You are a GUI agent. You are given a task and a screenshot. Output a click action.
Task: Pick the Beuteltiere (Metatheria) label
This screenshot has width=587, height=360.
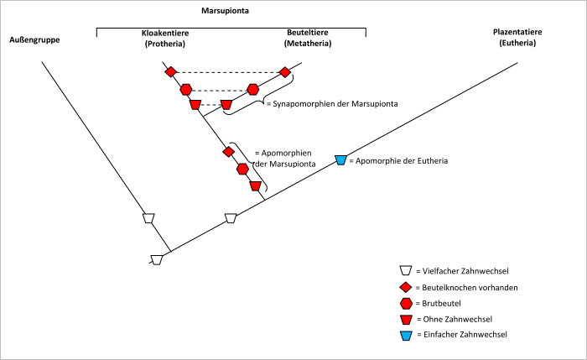pos(303,38)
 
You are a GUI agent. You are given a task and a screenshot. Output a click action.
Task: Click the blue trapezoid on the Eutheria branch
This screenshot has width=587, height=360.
pos(340,159)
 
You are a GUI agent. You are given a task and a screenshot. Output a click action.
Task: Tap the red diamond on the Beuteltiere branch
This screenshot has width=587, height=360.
pos(285,72)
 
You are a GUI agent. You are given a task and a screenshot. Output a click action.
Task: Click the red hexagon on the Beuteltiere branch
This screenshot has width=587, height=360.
pos(253,89)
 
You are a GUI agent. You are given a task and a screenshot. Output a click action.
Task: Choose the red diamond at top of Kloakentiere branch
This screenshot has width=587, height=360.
pos(171,72)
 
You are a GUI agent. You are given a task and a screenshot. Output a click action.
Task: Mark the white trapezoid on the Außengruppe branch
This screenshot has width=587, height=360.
pos(148,218)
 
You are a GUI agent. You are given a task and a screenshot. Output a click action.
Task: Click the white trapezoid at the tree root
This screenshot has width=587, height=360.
pos(156,259)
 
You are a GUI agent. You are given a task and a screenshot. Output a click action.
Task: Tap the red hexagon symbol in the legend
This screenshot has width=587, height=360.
pos(405,303)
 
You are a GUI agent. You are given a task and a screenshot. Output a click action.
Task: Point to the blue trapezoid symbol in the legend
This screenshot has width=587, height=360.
pos(405,335)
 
